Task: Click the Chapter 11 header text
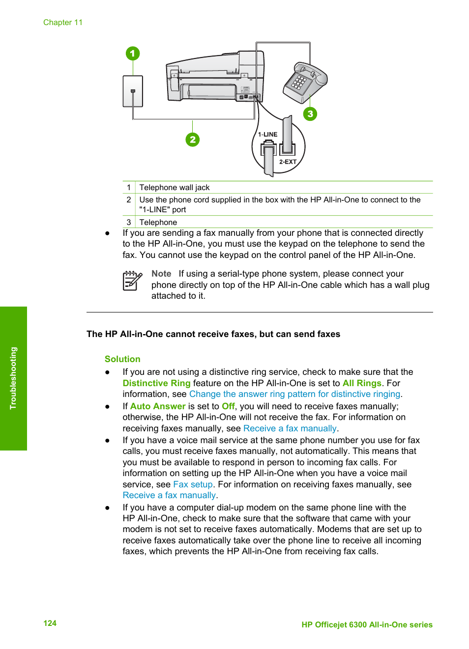click(63, 23)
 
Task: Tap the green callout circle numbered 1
click(133, 54)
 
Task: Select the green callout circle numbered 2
click(193, 140)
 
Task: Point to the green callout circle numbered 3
click(310, 114)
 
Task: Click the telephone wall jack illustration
click(133, 91)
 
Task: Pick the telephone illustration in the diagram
click(305, 82)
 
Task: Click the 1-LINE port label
click(268, 135)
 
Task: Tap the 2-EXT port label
click(288, 162)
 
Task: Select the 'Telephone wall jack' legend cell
click(175, 188)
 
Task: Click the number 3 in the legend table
click(129, 222)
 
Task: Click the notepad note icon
click(132, 281)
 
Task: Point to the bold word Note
click(161, 274)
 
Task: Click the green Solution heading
click(122, 359)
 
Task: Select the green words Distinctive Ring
click(156, 383)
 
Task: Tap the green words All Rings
click(362, 383)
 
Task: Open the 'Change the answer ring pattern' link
click(295, 394)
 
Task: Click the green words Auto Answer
click(158, 406)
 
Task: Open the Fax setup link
click(193, 484)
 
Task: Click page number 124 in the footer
click(50, 623)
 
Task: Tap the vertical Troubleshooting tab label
click(13, 378)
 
